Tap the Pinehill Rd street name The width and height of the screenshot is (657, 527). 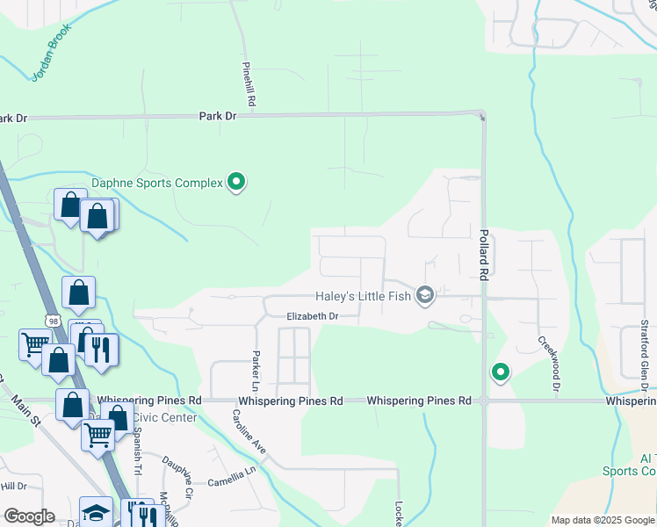point(249,84)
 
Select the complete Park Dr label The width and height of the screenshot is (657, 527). point(218,116)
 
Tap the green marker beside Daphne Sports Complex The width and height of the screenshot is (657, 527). point(236,182)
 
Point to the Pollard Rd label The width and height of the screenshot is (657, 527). point(483,256)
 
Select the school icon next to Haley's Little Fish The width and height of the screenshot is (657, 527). point(425,295)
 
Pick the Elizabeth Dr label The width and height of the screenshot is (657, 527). point(312,316)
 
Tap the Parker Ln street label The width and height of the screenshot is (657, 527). point(256,371)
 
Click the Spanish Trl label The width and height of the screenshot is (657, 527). point(137,451)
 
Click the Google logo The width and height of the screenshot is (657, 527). point(29,516)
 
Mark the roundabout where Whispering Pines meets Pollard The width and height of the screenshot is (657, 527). point(483,401)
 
